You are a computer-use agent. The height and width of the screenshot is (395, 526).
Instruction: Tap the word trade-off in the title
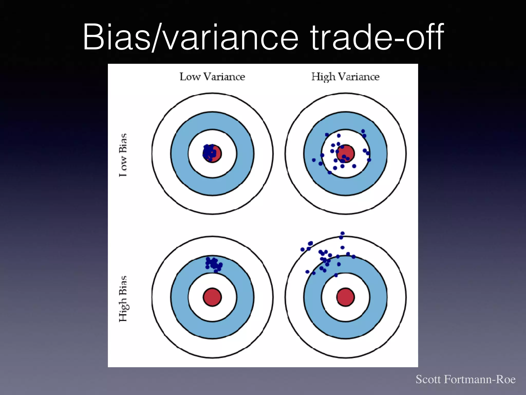tap(377, 37)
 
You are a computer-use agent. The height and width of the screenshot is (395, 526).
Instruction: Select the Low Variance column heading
tap(212, 77)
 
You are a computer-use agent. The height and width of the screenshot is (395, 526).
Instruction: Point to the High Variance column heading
tap(345, 77)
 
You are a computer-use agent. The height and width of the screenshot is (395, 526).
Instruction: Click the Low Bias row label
tap(123, 155)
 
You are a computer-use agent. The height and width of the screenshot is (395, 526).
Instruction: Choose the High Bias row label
tap(123, 299)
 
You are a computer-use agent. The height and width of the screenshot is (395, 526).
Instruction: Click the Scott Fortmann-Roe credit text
tap(465, 379)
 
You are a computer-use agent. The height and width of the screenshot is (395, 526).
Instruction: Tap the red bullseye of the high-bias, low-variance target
tap(212, 297)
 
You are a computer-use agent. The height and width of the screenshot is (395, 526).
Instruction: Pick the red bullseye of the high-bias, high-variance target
tap(345, 297)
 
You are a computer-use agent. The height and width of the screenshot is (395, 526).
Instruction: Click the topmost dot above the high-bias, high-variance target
tap(342, 233)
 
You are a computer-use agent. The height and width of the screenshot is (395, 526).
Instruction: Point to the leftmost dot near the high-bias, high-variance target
tap(302, 249)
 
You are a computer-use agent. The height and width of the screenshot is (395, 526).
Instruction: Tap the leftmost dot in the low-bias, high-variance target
tap(314, 160)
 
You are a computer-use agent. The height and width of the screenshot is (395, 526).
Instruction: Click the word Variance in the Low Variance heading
tap(224, 77)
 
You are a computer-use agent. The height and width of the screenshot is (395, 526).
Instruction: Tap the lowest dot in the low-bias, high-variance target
tap(330, 172)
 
